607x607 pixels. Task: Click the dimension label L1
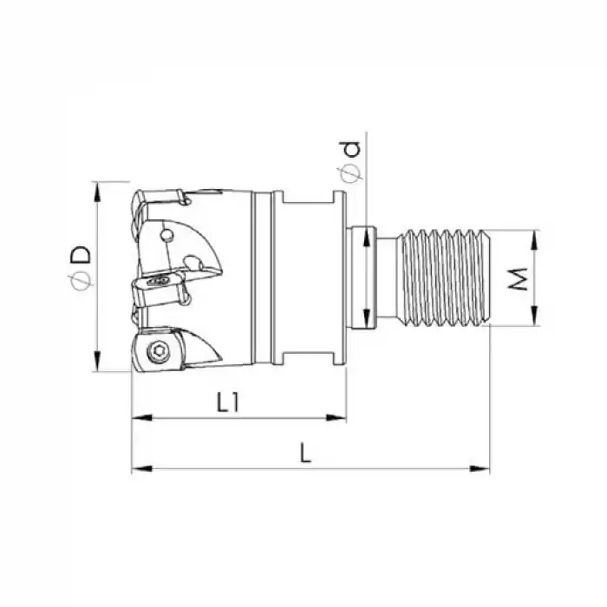click(x=228, y=401)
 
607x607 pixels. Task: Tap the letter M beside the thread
click(x=519, y=279)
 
